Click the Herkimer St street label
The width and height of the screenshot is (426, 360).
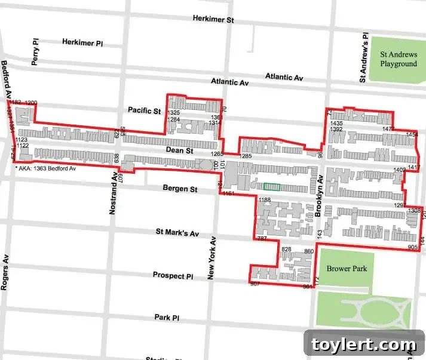(x=213, y=19)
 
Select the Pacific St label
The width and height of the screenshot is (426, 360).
(x=145, y=110)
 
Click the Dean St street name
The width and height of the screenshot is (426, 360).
(x=180, y=152)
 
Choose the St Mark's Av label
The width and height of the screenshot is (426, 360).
(x=177, y=232)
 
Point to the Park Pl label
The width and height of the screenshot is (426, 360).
(x=167, y=318)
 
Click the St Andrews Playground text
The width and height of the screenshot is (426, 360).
(x=399, y=59)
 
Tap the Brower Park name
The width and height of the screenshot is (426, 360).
(x=347, y=269)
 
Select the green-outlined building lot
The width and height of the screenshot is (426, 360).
(x=271, y=187)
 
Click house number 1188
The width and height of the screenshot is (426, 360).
(x=265, y=199)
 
